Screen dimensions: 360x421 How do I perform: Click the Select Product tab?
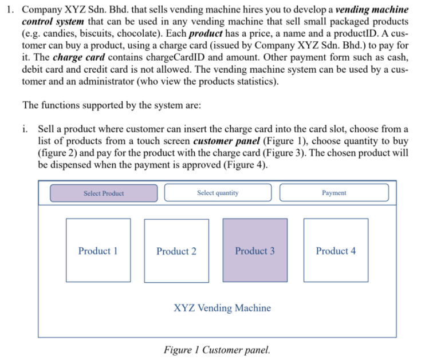tap(104, 193)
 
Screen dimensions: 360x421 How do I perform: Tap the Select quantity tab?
tap(218, 193)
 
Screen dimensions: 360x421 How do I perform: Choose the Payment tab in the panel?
tap(334, 193)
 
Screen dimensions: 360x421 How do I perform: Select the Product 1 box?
tap(98, 251)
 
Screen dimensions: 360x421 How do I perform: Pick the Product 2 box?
tap(176, 251)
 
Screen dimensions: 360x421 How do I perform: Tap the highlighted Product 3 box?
tap(255, 251)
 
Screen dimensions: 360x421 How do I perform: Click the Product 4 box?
tap(336, 251)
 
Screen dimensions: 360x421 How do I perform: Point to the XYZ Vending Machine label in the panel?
tap(222, 308)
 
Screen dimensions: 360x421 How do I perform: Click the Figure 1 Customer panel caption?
tap(217, 350)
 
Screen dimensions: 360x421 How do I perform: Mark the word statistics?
tap(253, 81)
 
